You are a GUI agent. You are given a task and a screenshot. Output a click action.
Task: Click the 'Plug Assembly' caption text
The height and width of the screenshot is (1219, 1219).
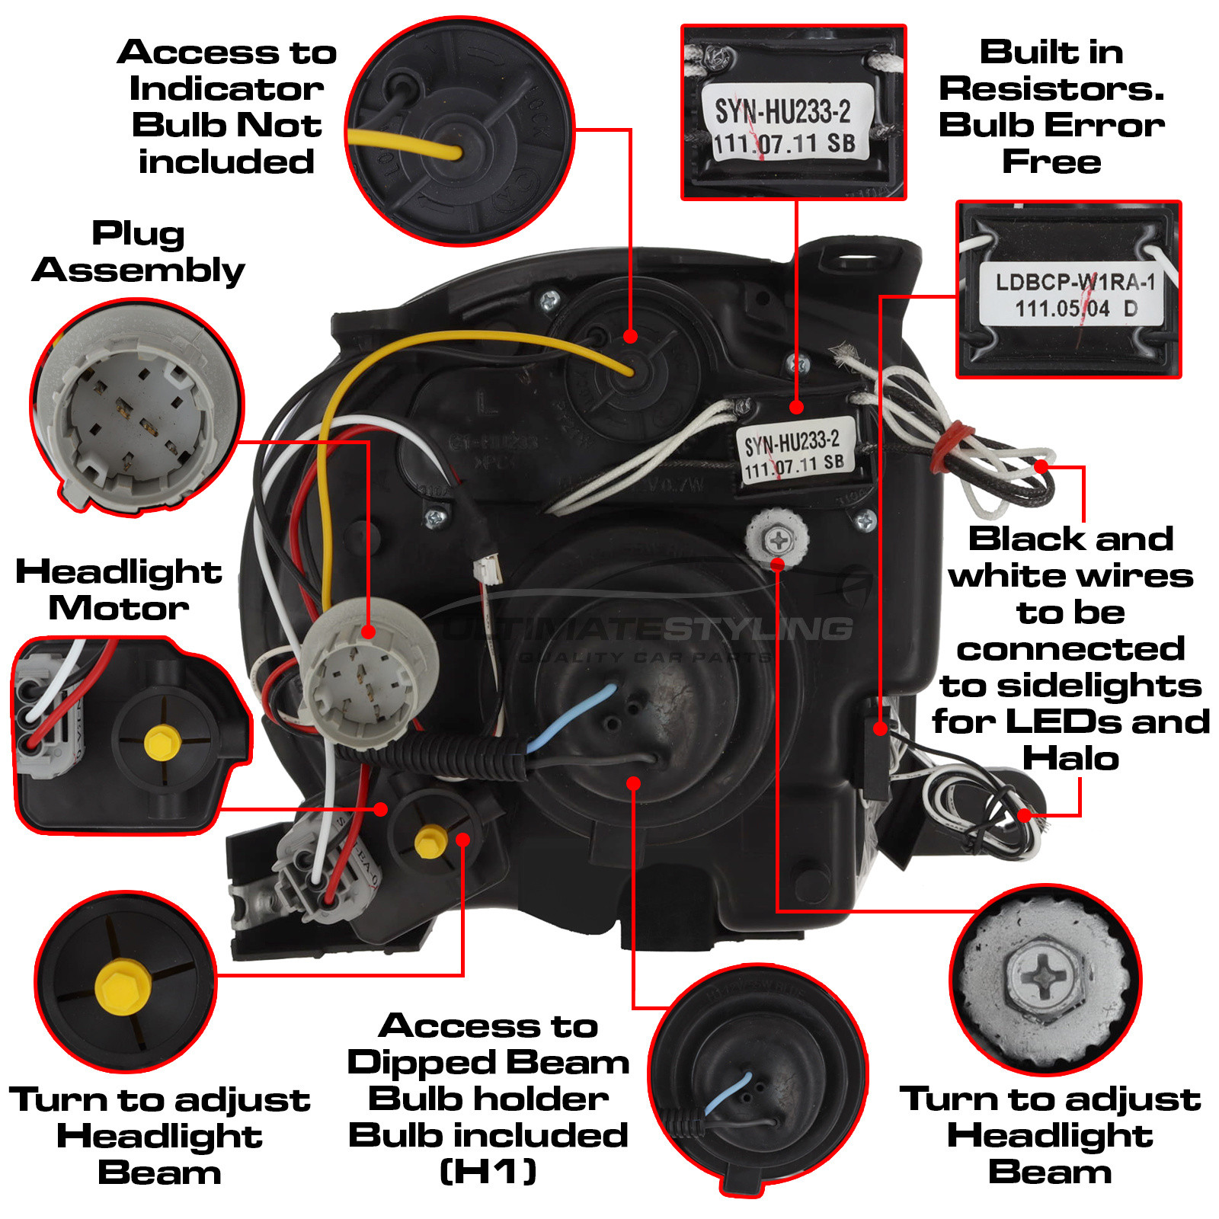click(x=139, y=252)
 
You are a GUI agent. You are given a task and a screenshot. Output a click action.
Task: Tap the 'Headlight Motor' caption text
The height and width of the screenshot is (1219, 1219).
click(x=118, y=590)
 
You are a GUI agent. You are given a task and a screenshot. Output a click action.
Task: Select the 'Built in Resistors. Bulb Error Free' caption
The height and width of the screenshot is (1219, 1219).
click(x=1051, y=107)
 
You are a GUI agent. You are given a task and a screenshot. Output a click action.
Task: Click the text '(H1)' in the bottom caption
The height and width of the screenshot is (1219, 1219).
click(x=488, y=1172)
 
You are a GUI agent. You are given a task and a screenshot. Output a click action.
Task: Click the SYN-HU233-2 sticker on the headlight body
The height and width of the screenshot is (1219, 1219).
click(x=793, y=453)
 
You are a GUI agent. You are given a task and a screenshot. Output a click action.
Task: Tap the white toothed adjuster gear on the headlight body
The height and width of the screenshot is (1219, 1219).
click(x=777, y=539)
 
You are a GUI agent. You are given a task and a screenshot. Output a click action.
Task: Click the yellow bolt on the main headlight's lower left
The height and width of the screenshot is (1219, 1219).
click(x=430, y=841)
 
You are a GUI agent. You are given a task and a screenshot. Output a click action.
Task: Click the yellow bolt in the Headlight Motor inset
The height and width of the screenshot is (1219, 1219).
click(x=162, y=742)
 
